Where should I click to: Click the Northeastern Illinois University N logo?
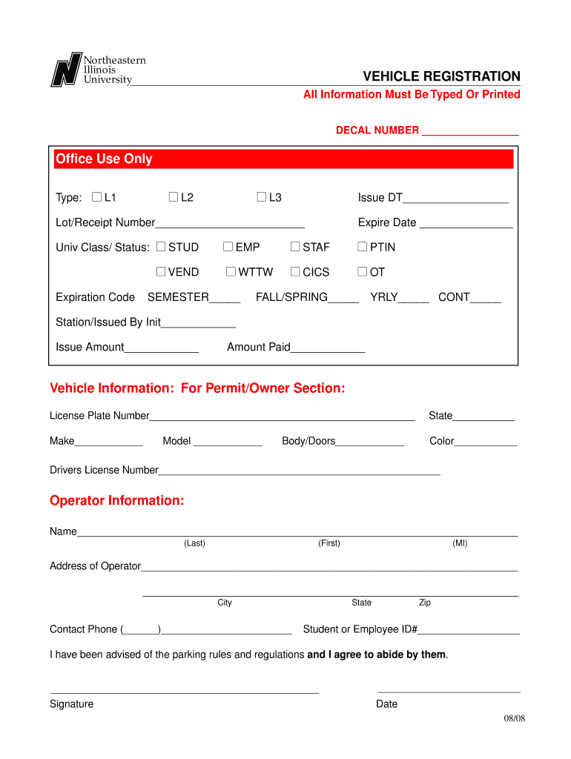(x=65, y=70)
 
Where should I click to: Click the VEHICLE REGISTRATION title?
(x=441, y=77)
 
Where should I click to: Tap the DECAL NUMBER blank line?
(x=470, y=131)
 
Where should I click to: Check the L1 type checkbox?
(x=96, y=197)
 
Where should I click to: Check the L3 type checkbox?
(x=261, y=197)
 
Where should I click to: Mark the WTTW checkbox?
(x=231, y=272)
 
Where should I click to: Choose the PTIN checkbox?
(x=363, y=247)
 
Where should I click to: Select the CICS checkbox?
(x=295, y=272)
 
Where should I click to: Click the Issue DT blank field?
(x=455, y=199)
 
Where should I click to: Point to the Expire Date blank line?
(x=466, y=224)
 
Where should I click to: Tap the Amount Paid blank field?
(x=328, y=348)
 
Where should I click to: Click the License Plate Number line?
(x=282, y=417)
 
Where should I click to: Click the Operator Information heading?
(x=116, y=500)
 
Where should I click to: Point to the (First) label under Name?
(x=329, y=543)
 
